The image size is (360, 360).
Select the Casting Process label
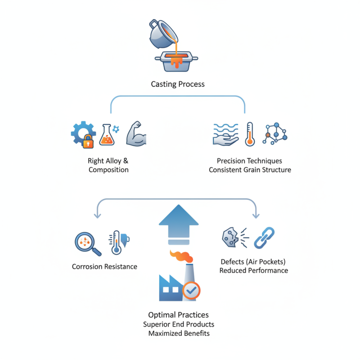click(178, 84)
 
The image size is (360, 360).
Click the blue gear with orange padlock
click(83, 134)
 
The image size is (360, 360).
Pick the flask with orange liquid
click(107, 135)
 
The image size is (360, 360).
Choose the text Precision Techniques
click(249, 161)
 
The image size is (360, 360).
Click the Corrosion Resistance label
click(104, 266)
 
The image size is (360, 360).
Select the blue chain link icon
click(264, 238)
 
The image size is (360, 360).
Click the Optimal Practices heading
click(179, 315)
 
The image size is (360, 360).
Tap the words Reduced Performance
click(254, 270)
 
